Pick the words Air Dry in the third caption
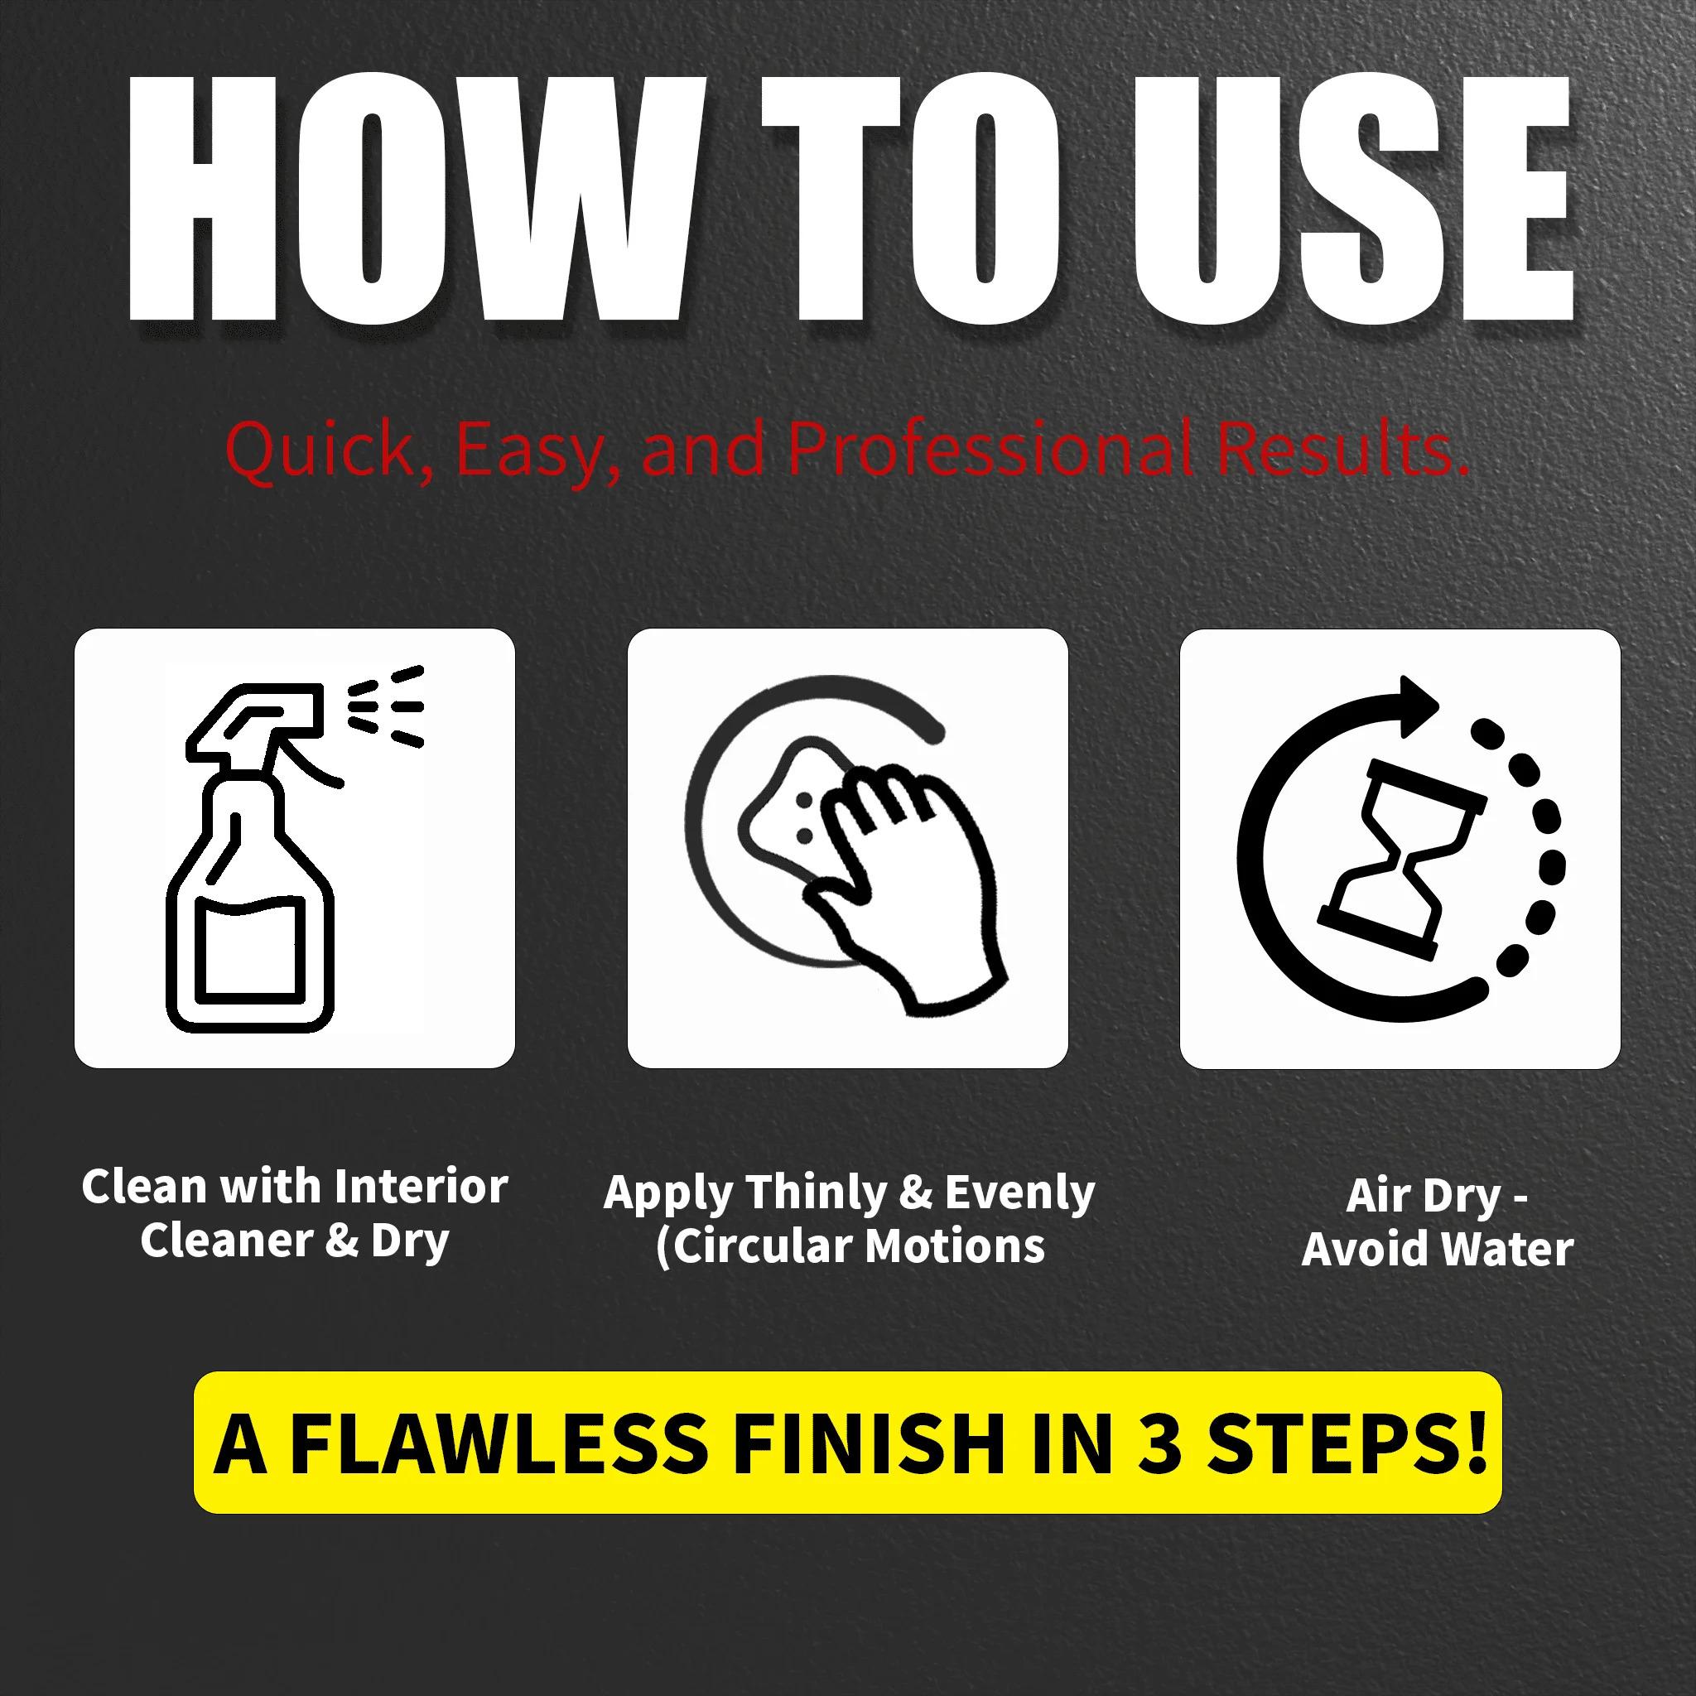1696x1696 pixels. (x=1423, y=1197)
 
